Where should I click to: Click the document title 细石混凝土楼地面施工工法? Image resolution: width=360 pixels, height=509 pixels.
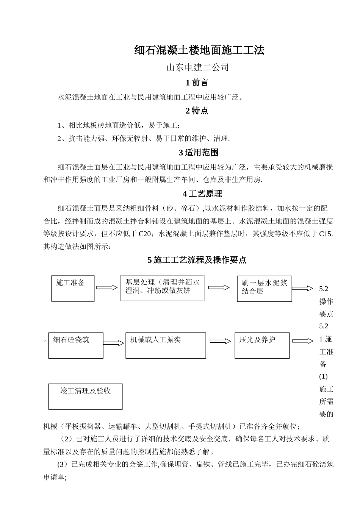pyautogui.click(x=199, y=50)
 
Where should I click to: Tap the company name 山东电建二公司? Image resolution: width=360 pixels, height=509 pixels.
pyautogui.click(x=198, y=68)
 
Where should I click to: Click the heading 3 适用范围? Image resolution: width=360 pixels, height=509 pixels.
pyautogui.click(x=199, y=153)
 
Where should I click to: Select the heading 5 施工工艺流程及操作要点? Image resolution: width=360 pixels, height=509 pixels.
pyautogui.click(x=197, y=260)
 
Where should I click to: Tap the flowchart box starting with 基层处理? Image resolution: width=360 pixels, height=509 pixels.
pyautogui.click(x=162, y=288)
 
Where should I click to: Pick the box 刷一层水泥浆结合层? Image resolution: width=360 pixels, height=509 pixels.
pyautogui.click(x=265, y=289)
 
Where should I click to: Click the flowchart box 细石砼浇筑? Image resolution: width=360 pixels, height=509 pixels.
pyautogui.click(x=76, y=345)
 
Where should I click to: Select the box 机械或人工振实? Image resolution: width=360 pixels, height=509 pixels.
pyautogui.click(x=166, y=345)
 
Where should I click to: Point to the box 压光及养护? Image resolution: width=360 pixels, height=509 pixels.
pyautogui.click(x=262, y=345)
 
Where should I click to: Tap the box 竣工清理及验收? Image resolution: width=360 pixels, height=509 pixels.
pyautogui.click(x=85, y=396)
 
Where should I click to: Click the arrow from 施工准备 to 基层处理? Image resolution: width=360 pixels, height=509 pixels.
pyautogui.click(x=107, y=288)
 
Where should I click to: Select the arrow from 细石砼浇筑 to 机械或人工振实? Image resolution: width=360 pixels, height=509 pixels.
pyautogui.click(x=114, y=343)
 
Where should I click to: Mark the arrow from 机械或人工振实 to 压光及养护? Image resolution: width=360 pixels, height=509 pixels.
pyautogui.click(x=220, y=341)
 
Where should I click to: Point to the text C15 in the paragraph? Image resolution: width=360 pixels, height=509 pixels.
pyautogui.click(x=326, y=234)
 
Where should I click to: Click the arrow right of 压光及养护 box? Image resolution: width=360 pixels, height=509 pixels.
pyautogui.click(x=302, y=341)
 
